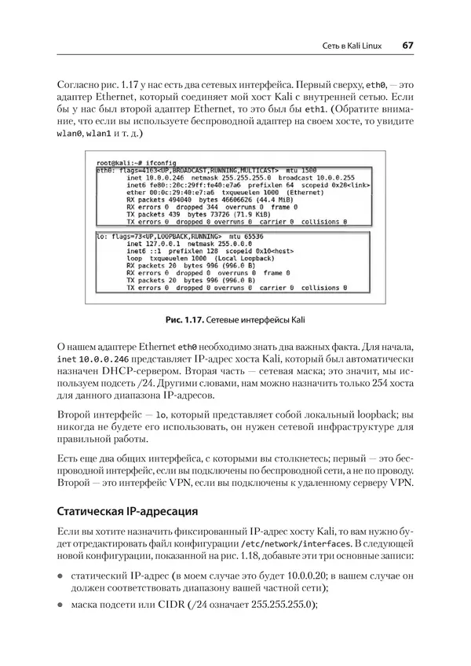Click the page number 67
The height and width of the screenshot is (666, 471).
[407, 46]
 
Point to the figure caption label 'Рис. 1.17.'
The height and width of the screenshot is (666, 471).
[206, 321]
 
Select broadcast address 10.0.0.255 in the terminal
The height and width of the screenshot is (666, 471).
[304, 178]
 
